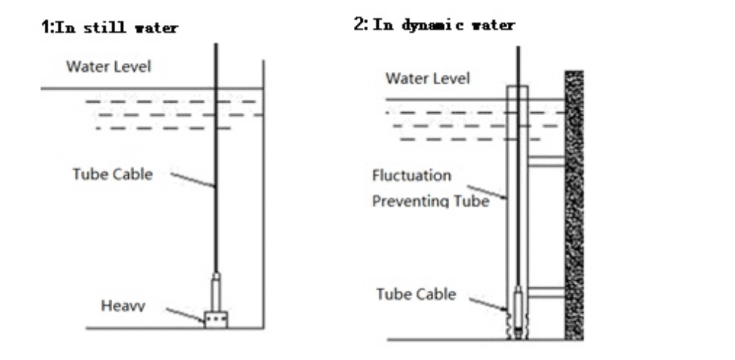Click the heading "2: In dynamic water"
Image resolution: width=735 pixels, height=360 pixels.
(434, 25)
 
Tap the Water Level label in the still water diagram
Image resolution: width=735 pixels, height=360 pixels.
(108, 67)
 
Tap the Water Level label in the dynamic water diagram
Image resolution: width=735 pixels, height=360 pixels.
(428, 78)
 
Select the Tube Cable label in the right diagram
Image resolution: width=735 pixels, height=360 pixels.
(415, 295)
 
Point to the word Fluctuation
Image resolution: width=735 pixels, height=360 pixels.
(411, 177)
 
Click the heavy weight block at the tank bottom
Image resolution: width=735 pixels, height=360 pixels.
(216, 320)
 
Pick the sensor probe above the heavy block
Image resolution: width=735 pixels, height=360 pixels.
(216, 292)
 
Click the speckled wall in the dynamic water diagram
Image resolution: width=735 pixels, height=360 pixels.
(574, 205)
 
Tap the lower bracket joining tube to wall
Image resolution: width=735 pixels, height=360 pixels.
(545, 293)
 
